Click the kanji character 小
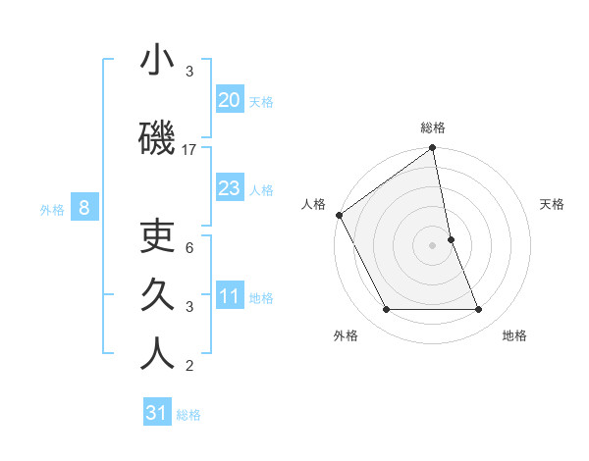pyautogui.click(x=157, y=62)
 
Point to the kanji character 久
pyautogui.click(x=157, y=295)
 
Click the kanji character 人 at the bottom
pyautogui.click(x=157, y=354)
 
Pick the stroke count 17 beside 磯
pyautogui.click(x=189, y=150)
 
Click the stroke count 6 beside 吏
pyautogui.click(x=189, y=247)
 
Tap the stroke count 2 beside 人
pyautogui.click(x=189, y=366)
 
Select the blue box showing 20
pyautogui.click(x=229, y=100)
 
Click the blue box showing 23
pyautogui.click(x=229, y=188)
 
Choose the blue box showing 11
pyautogui.click(x=229, y=296)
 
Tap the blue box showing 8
pyautogui.click(x=84, y=207)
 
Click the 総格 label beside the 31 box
pyautogui.click(x=188, y=415)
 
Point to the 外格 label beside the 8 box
pyautogui.click(x=52, y=209)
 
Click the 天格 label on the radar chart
pyautogui.click(x=553, y=204)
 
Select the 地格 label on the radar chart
pyautogui.click(x=514, y=335)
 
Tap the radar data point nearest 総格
pyautogui.click(x=432, y=148)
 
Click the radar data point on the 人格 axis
pyautogui.click(x=339, y=215)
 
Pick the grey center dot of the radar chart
pyautogui.click(x=432, y=244)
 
